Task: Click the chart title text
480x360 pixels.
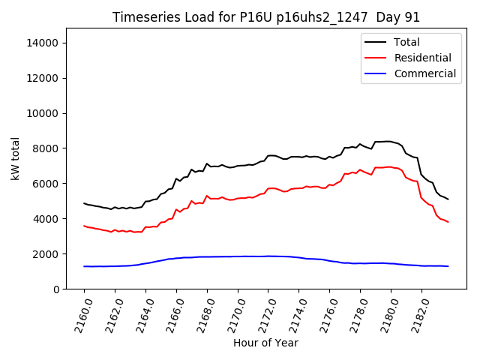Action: [x=266, y=17]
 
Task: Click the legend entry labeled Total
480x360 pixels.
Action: [x=406, y=42]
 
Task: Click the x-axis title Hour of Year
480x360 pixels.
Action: [x=265, y=343]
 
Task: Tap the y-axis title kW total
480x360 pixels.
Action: [x=15, y=159]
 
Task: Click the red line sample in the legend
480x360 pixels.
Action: [x=377, y=58]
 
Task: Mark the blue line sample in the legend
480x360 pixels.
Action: [x=377, y=73]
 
